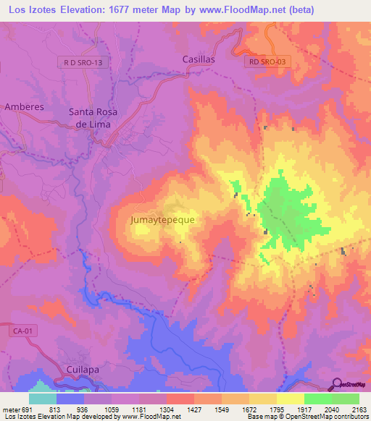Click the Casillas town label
199,60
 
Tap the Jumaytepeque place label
162,218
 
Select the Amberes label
25,106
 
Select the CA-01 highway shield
24,330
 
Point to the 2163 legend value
359,409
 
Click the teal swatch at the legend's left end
43,399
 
